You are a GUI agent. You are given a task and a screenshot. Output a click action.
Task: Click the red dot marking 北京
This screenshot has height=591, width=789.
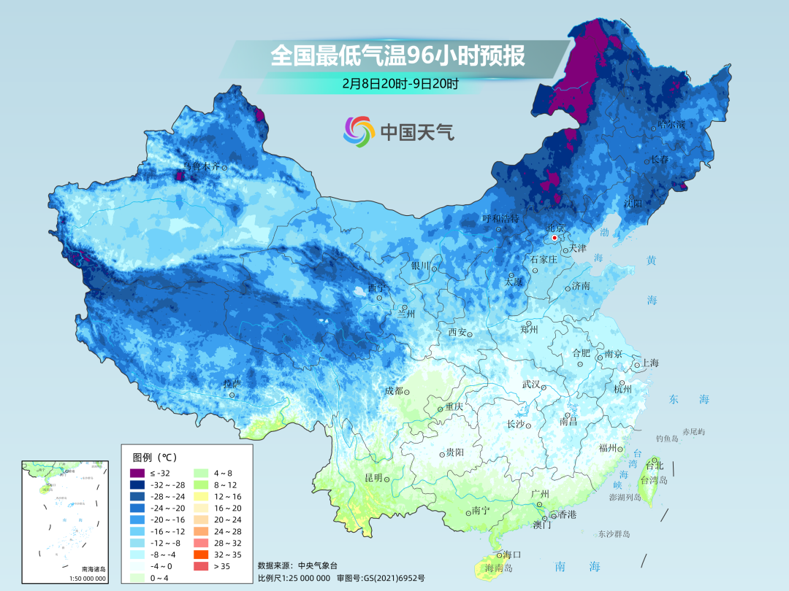(555, 238)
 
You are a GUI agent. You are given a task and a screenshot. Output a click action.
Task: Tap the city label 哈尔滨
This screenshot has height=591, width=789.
(671, 124)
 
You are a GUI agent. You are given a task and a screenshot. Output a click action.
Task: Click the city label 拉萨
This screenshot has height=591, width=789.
(232, 384)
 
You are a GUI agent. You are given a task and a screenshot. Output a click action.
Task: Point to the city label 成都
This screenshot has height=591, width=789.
(394, 391)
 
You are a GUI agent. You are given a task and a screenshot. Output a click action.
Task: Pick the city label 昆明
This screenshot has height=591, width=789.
(373, 478)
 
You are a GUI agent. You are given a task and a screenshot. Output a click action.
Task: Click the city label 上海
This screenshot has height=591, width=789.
(650, 363)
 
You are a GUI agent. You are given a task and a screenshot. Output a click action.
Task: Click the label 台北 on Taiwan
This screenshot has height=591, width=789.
(655, 466)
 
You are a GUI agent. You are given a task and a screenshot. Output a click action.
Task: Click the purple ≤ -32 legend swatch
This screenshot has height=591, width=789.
(137, 474)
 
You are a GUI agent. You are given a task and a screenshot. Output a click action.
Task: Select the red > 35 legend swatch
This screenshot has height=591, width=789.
(201, 565)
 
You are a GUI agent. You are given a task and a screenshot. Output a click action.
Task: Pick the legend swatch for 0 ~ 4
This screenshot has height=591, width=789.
(137, 578)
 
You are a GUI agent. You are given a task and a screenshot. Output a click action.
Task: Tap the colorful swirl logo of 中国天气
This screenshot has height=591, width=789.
(359, 131)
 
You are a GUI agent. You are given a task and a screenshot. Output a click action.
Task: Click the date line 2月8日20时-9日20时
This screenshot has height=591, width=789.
(400, 83)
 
